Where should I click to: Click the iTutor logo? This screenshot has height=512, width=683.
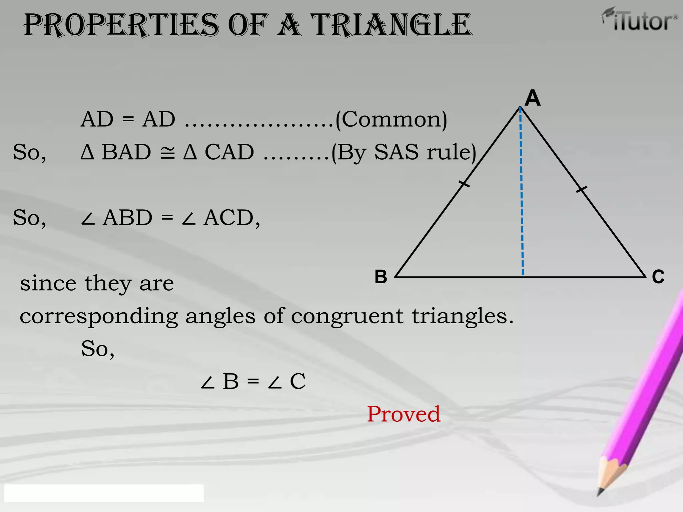(x=640, y=20)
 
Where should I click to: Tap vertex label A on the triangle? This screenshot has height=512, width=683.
(x=533, y=98)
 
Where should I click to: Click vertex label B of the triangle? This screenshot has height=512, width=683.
(x=381, y=277)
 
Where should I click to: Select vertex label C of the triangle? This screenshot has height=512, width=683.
(x=658, y=277)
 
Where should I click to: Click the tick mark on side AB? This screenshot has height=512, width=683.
(x=464, y=184)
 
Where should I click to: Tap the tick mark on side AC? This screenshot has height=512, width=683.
(x=582, y=189)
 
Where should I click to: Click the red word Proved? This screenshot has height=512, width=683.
(x=404, y=414)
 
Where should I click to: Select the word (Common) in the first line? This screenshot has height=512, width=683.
(x=391, y=119)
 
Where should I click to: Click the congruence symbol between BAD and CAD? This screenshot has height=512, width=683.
(x=167, y=153)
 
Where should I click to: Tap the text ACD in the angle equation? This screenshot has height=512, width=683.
(x=229, y=218)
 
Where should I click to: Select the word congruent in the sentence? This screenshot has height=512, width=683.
(x=347, y=316)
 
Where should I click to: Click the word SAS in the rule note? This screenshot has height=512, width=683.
(x=396, y=152)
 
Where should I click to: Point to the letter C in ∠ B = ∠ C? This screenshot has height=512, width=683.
(x=297, y=381)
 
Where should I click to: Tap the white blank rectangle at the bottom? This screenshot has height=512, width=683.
(x=104, y=493)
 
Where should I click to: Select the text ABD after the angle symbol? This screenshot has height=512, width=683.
(x=127, y=218)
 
